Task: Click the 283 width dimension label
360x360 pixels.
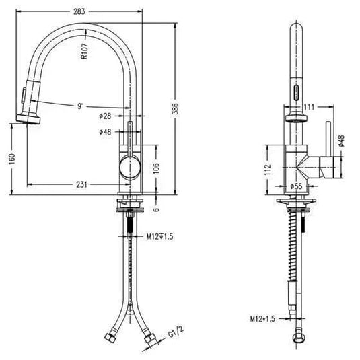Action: [79, 11]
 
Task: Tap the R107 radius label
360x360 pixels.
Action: [85, 51]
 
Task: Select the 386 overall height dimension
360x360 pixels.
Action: [175, 108]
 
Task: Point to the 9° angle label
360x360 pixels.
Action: [80, 106]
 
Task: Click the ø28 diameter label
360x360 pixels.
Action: [105, 116]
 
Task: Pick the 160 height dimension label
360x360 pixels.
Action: [12, 159]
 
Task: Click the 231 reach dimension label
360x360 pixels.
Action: [81, 184]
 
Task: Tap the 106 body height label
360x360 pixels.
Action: [156, 168]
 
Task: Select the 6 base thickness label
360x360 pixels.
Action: [156, 209]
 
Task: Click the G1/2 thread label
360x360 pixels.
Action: [176, 332]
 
